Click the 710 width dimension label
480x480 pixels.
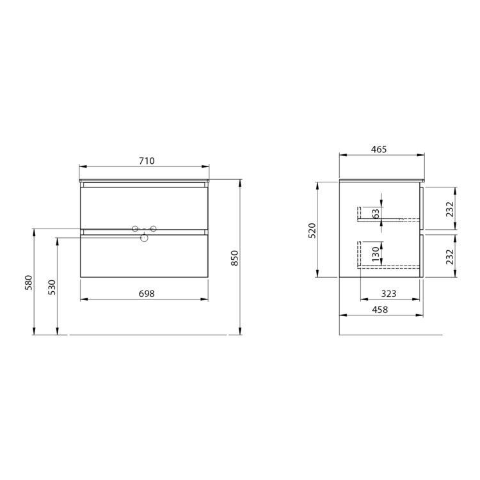pos(147,161)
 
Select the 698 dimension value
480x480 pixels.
pos(147,294)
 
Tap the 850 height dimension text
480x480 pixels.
pos(234,258)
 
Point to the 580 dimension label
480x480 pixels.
pos(28,283)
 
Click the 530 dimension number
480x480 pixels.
pos(52,287)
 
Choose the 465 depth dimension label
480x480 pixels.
pos(379,149)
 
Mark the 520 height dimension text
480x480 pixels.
pos(312,231)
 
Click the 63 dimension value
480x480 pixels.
pos(376,213)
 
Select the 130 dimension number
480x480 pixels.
pos(376,254)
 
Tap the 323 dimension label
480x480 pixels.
pos(388,294)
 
